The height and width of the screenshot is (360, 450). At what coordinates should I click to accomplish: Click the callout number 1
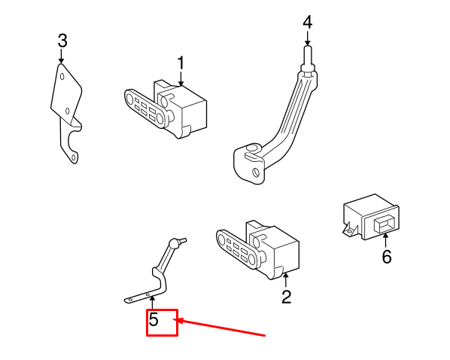181,63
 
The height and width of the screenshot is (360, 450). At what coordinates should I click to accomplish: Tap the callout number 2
286,297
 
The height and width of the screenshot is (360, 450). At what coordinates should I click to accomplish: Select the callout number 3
62,41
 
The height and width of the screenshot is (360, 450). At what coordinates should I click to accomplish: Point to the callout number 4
307,23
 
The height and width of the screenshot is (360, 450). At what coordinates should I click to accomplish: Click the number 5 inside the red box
154,319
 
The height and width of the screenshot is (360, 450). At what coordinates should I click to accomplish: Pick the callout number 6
387,257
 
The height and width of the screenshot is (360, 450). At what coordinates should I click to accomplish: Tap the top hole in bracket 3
62,77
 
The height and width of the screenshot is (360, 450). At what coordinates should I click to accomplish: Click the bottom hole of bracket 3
74,157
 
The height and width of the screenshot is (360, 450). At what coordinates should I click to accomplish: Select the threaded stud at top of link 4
308,56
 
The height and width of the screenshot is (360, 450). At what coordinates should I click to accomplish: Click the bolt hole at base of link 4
255,172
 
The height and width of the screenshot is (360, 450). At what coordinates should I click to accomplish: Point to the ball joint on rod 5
174,243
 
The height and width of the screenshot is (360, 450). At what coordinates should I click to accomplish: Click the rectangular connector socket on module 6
385,224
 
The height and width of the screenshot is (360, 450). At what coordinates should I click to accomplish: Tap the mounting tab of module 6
350,229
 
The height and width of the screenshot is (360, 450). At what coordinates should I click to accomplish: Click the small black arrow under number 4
307,38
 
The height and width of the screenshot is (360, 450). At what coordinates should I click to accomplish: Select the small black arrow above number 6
385,241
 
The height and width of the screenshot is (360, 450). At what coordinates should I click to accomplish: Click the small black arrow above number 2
285,280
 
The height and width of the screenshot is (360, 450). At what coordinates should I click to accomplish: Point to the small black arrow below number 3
61,56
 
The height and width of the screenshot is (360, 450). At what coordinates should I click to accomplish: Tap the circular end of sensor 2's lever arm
221,239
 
